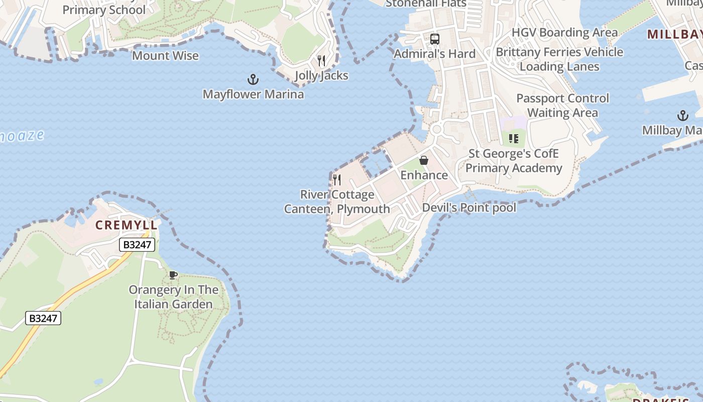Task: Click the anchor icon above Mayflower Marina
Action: tap(253, 79)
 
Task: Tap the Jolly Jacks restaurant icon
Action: tap(321, 61)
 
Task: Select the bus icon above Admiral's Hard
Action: tap(435, 39)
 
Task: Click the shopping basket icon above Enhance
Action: tap(424, 160)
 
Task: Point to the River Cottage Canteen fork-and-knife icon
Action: tap(337, 179)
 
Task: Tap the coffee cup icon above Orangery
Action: tap(173, 275)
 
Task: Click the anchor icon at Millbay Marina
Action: tap(682, 116)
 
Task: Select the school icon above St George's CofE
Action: tap(513, 138)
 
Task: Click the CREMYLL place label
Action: tap(127, 225)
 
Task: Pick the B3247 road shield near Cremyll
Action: tap(137, 245)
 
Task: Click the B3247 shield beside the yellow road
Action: tap(43, 318)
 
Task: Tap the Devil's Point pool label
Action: tap(469, 208)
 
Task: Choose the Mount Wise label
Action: tap(165, 56)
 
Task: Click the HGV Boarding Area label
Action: tap(564, 33)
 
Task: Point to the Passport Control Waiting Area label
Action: tap(562, 105)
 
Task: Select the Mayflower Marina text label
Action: tap(253, 94)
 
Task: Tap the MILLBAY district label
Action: tap(674, 34)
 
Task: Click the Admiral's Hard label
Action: tap(434, 54)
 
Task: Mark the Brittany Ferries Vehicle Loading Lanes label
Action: tap(559, 59)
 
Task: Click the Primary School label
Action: tap(104, 10)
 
